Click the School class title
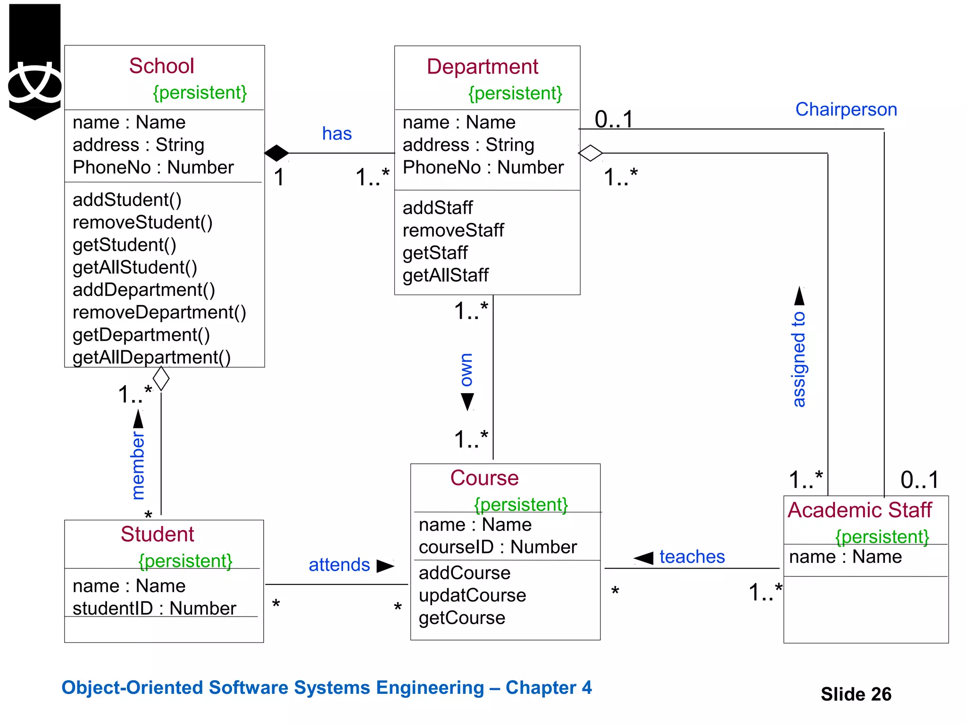(x=161, y=66)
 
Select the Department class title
(x=482, y=67)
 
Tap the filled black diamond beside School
(x=276, y=153)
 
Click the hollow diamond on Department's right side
(x=590, y=153)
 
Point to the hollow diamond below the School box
(x=161, y=378)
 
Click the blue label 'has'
(x=337, y=134)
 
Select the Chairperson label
(x=846, y=109)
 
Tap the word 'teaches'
(x=691, y=557)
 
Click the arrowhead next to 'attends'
(x=385, y=566)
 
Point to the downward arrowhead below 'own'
(x=467, y=402)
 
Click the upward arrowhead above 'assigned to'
(x=799, y=296)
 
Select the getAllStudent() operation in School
(x=135, y=267)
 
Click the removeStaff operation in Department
(x=453, y=230)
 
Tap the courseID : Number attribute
(x=497, y=547)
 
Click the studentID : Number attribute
(x=154, y=608)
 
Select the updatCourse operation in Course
(x=472, y=595)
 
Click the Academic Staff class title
(x=859, y=510)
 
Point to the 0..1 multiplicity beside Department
(x=613, y=119)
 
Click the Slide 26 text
(x=856, y=694)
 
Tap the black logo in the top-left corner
(x=35, y=61)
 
